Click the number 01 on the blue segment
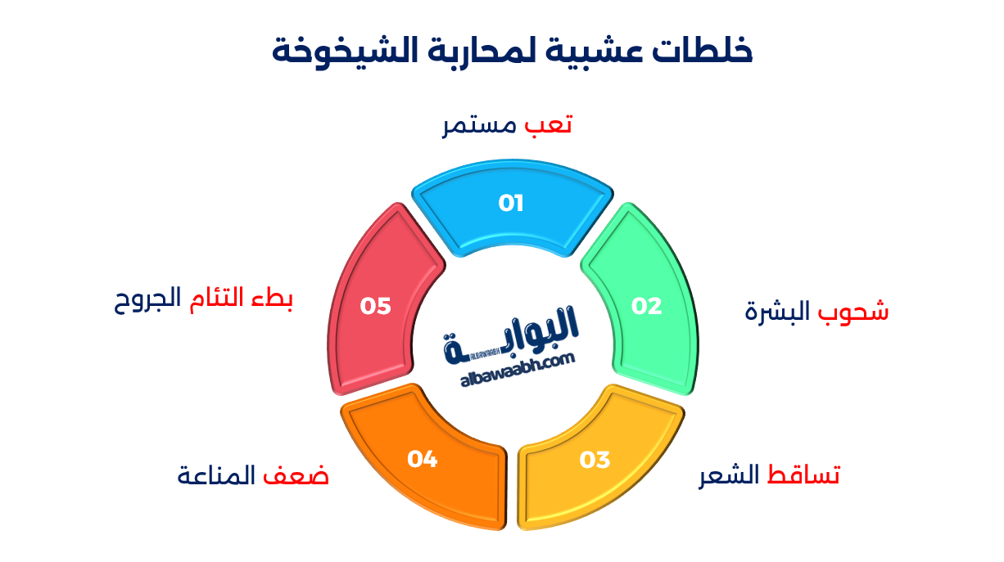[511, 203]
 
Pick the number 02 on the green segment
[646, 306]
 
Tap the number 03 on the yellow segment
[595, 460]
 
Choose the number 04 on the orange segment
[423, 460]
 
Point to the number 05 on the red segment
[376, 306]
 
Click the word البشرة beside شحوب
[778, 311]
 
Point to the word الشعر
[729, 475]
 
